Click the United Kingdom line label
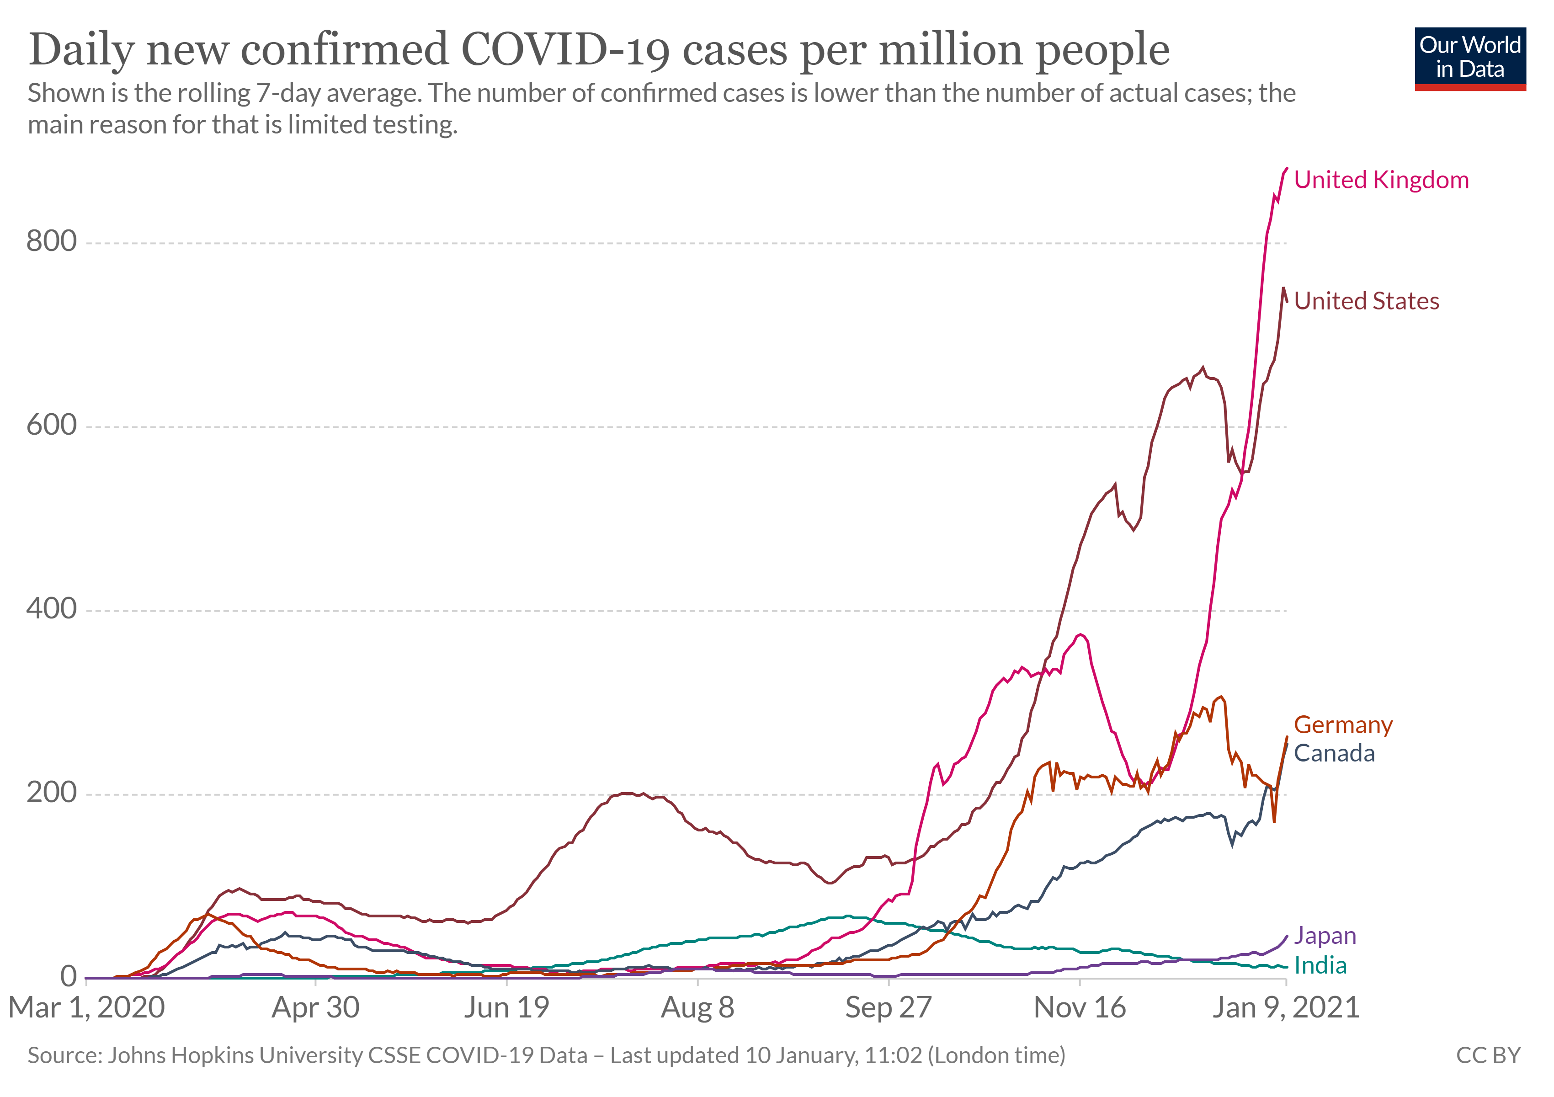pos(1381,180)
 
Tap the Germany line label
pos(1343,725)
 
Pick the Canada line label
pos(1334,753)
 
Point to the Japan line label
pos(1325,936)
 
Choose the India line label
pos(1320,966)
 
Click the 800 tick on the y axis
pos(52,242)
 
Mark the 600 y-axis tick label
pos(52,426)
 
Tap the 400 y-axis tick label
pos(52,609)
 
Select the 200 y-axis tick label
pos(52,793)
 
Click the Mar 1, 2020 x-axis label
pos(87,1008)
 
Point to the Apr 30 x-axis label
pos(315,1008)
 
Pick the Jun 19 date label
pos(506,1008)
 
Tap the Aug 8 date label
pos(697,1008)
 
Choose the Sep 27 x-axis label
pos(888,1008)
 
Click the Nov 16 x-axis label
pos(1080,1008)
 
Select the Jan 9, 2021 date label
pos(1285,1008)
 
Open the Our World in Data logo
pos(1469,58)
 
